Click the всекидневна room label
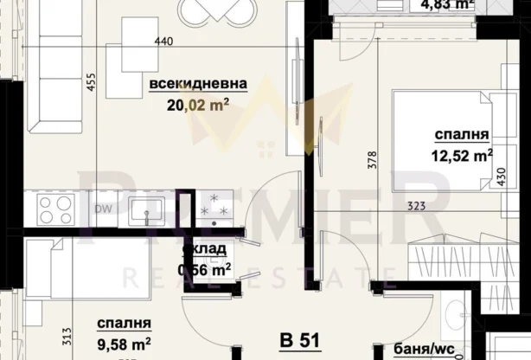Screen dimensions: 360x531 [198, 84]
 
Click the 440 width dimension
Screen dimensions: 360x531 [164, 41]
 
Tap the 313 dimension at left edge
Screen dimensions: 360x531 [14, 332]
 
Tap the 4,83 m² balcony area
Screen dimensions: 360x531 [449, 5]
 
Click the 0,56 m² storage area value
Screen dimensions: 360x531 [205, 268]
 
